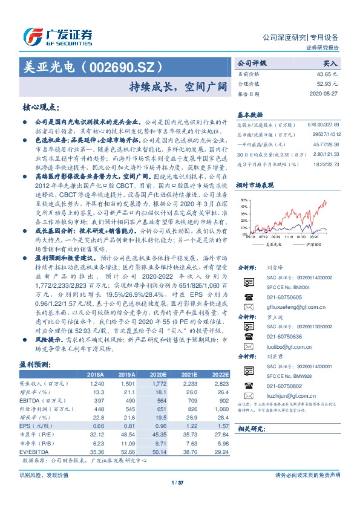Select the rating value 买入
pos(330,62)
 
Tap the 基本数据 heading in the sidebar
pos(250,114)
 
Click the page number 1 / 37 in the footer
pos(177,482)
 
